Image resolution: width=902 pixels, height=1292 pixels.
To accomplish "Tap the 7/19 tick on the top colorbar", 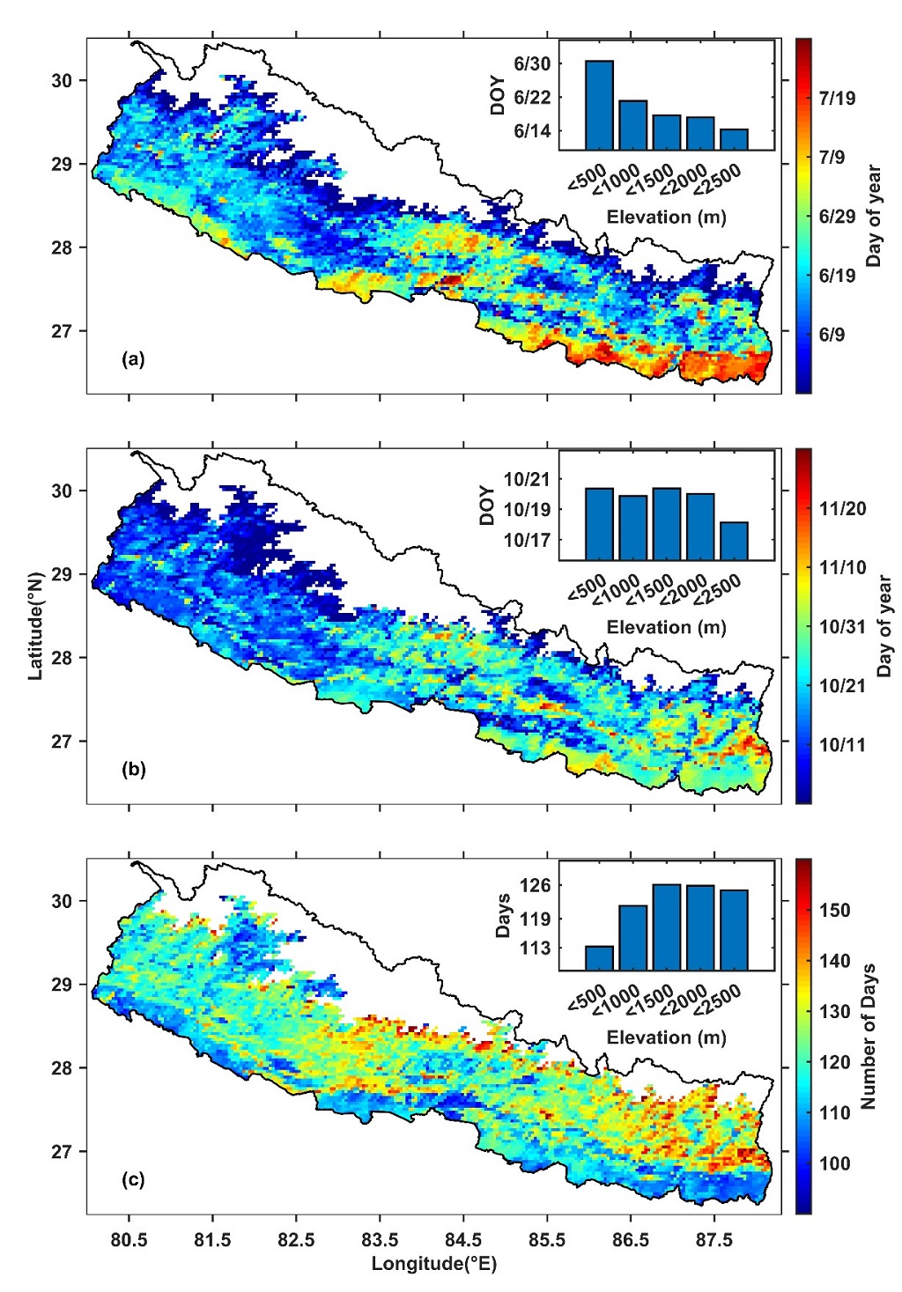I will tap(837, 99).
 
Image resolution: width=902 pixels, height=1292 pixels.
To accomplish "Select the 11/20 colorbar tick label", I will tap(842, 509).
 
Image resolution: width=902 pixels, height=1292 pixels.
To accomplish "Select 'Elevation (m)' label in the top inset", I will tap(666, 217).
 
